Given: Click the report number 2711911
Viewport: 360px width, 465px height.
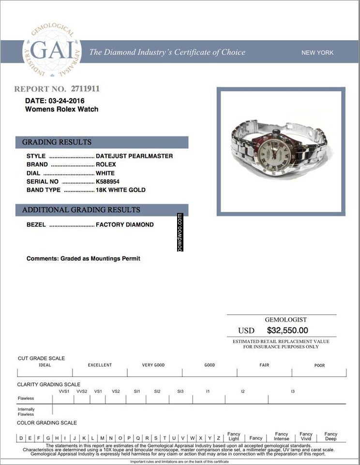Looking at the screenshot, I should [85, 89].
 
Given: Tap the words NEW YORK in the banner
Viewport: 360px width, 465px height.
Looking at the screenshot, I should [317, 52].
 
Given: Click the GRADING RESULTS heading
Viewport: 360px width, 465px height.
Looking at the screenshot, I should [57, 142].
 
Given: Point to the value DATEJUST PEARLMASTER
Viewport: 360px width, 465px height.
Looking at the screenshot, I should [134, 156].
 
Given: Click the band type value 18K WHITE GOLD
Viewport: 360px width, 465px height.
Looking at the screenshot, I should [120, 190].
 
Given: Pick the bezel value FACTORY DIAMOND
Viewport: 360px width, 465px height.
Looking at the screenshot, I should [125, 225].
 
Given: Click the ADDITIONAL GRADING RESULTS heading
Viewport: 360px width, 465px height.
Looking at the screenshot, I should [81, 210].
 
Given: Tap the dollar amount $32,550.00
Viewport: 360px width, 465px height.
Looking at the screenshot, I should [287, 330].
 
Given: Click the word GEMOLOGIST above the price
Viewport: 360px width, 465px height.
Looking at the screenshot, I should [285, 320].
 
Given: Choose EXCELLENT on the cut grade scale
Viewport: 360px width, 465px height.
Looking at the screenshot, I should [100, 365].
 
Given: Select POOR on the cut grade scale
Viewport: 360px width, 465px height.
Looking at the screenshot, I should [320, 365].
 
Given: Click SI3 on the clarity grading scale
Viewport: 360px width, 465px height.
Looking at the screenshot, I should [180, 391].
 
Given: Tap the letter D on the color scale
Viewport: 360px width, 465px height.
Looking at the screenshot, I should [21, 438].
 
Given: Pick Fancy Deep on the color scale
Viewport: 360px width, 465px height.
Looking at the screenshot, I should [331, 436].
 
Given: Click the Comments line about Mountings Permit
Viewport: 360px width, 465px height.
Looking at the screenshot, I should [83, 259].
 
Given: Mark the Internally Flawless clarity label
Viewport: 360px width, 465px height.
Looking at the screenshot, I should [26, 412].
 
